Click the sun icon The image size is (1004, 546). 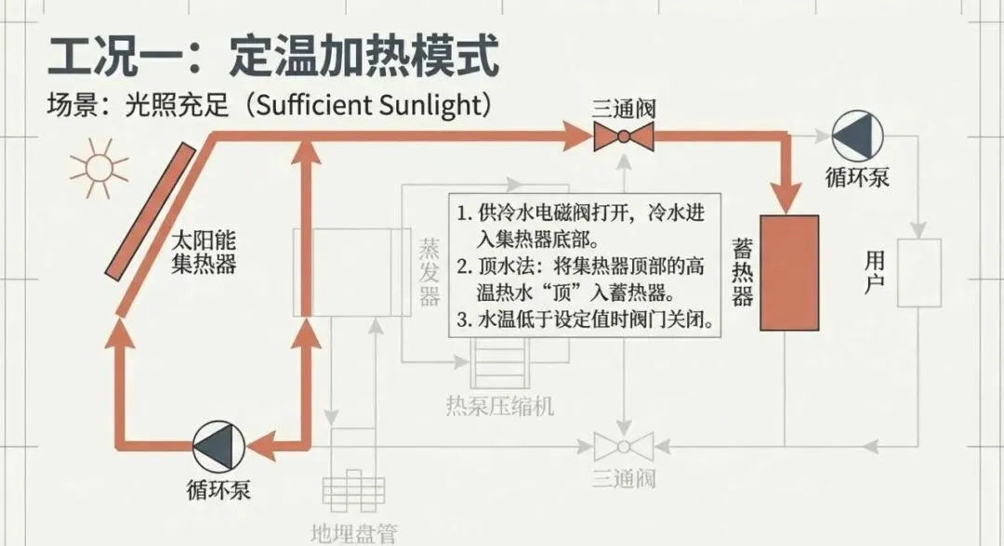[99, 168]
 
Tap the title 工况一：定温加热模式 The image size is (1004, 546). [273, 57]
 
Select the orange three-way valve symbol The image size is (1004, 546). [623, 137]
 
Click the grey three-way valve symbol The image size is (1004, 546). [623, 447]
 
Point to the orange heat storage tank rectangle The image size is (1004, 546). [789, 272]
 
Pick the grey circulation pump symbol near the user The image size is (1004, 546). [853, 137]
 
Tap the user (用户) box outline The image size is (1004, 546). [918, 272]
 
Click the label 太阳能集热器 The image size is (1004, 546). [205, 252]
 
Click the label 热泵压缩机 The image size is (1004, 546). [500, 405]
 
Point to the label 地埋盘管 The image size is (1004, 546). [353, 533]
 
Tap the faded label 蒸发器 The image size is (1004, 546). [429, 270]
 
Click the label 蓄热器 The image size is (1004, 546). [742, 270]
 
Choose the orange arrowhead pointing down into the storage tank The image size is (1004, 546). [789, 194]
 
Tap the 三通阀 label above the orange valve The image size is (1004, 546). [623, 108]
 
